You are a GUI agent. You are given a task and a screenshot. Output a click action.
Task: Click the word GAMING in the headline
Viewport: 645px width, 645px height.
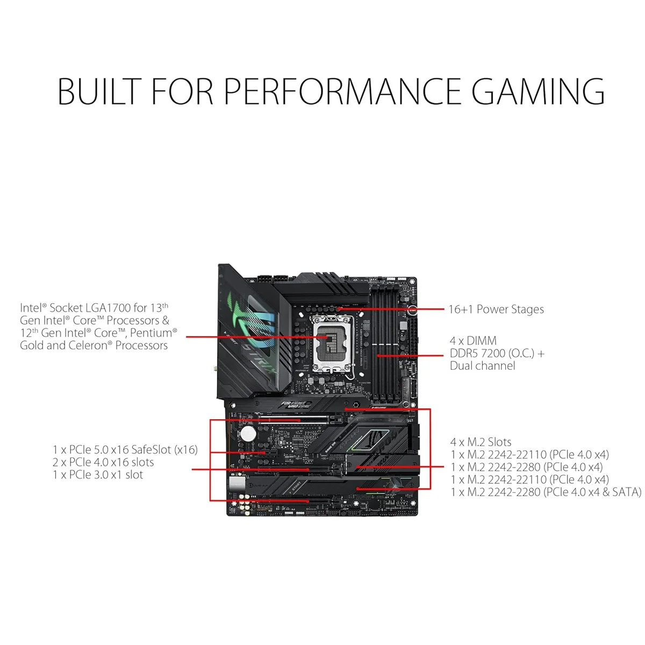point(538,91)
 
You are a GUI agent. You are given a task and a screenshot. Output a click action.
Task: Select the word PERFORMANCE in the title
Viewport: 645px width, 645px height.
point(342,91)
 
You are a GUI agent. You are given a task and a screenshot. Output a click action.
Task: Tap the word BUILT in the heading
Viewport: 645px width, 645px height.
point(99,91)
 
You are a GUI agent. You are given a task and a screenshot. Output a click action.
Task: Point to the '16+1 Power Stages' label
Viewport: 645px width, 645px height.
point(496,309)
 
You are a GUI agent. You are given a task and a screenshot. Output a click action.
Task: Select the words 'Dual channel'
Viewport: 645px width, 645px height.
point(482,365)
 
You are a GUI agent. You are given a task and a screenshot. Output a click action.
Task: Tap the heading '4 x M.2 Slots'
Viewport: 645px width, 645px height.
point(481,442)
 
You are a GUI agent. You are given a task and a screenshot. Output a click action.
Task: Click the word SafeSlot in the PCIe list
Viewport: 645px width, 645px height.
point(153,449)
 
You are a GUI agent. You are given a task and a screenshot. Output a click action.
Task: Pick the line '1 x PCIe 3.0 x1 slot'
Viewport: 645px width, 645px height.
point(98,475)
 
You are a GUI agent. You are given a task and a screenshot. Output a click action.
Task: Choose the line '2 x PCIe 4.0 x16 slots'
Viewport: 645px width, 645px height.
point(103,462)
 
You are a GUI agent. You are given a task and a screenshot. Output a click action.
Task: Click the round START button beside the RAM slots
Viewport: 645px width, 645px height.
point(412,310)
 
